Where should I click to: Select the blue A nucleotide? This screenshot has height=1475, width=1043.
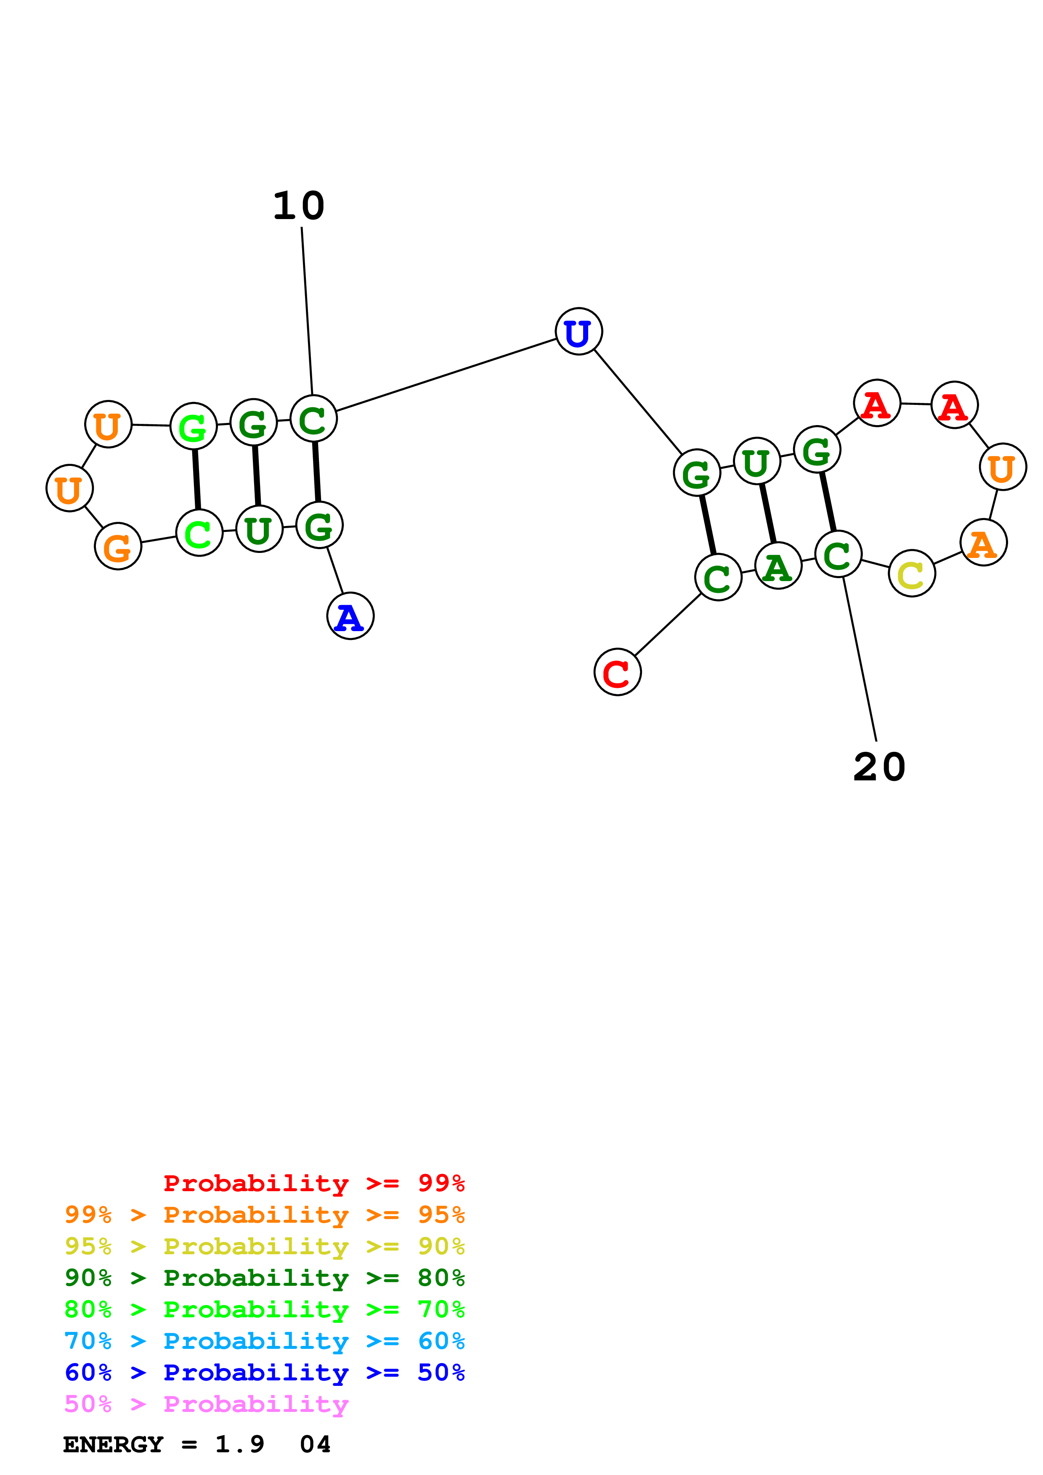tap(350, 616)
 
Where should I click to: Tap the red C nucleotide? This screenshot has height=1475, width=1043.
tap(617, 672)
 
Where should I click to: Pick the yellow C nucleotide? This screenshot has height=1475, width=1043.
tap(911, 573)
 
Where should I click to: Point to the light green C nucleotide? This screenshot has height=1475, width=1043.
tap(199, 533)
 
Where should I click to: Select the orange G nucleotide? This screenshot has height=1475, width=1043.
tap(118, 546)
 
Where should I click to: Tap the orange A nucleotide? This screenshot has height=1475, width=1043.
tap(983, 543)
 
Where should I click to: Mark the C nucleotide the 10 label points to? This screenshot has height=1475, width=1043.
tap(313, 419)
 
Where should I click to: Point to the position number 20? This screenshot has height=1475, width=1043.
tap(879, 767)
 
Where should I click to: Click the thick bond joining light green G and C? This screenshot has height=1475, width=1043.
tap(196, 479)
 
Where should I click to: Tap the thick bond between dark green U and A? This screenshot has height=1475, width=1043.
tap(768, 514)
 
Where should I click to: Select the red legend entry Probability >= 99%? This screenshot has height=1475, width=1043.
tap(313, 1183)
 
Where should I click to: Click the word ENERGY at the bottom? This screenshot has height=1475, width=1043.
tap(113, 1444)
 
